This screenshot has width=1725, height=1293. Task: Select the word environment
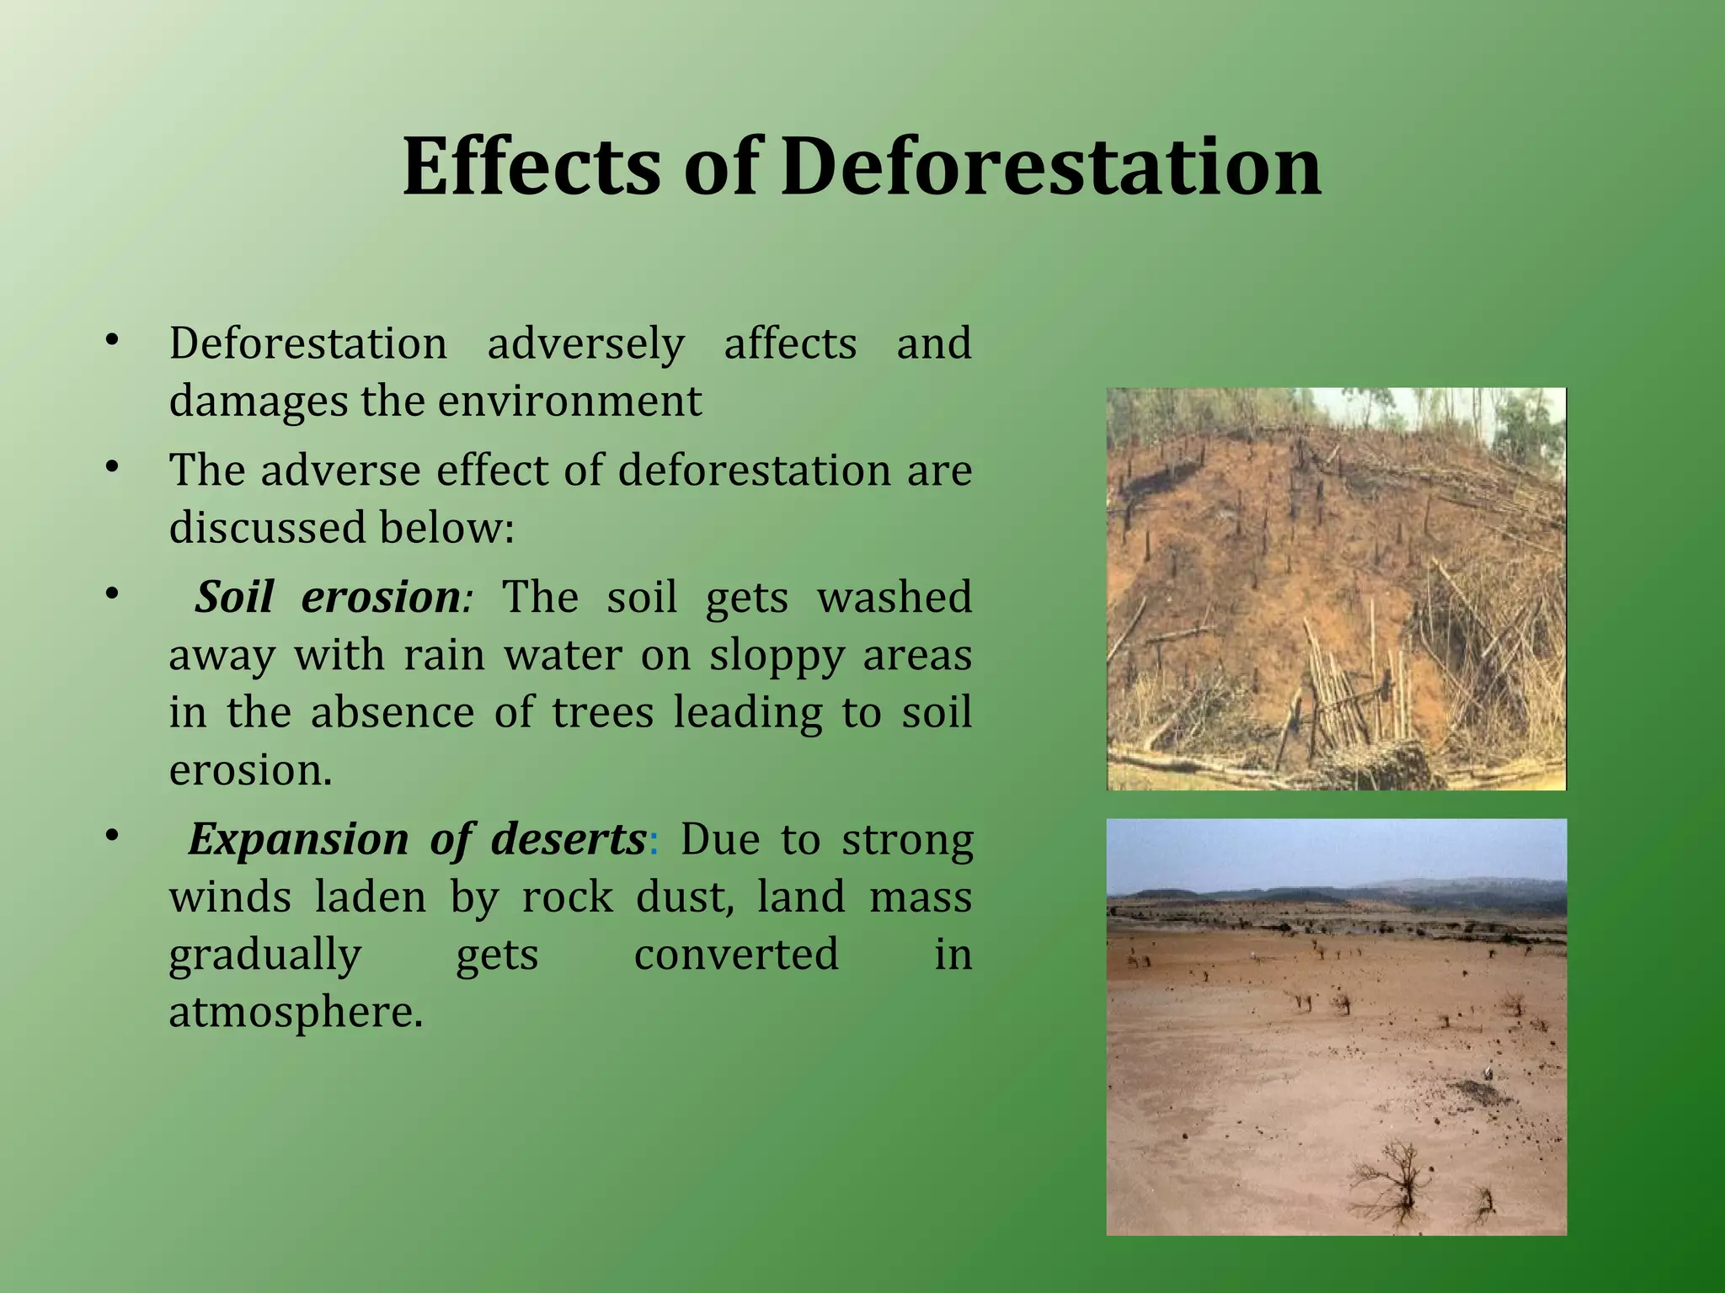[x=569, y=402]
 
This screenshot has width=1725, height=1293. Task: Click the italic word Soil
[x=234, y=598]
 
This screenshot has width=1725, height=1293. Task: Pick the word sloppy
[x=776, y=656]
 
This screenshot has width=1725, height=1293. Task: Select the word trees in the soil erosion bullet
[x=602, y=713]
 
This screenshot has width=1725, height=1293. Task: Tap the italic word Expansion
[x=298, y=839]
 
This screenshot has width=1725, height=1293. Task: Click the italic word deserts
[x=568, y=839]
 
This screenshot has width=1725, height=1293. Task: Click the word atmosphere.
[x=295, y=1013]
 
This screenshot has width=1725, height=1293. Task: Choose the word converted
[x=735, y=955]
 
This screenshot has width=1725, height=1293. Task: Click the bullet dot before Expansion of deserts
[x=112, y=836]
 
